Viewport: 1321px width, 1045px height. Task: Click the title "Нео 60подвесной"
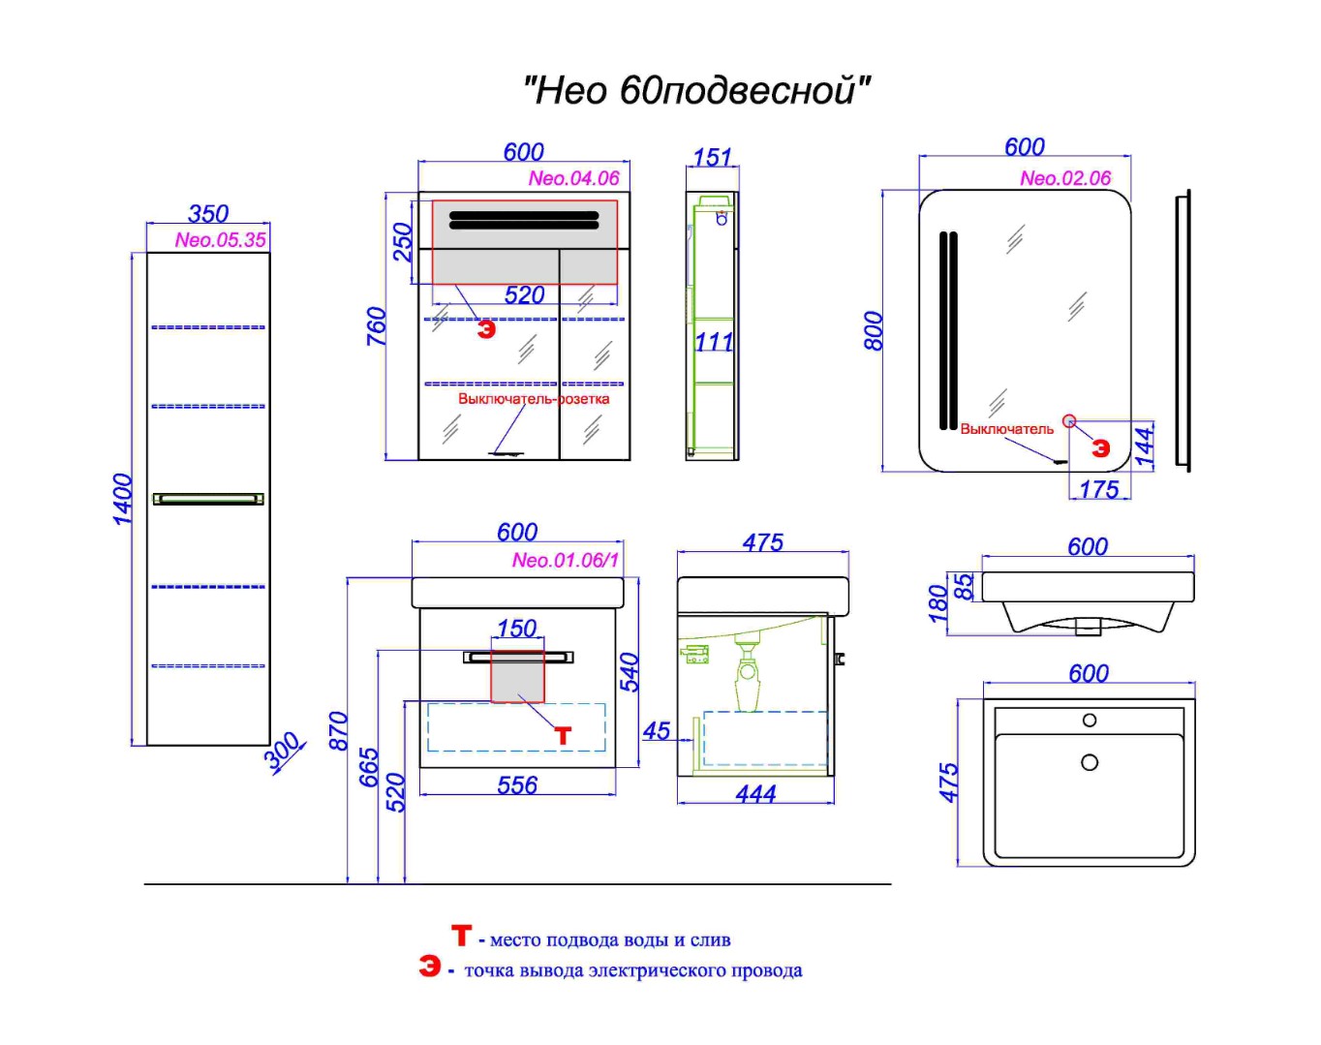click(696, 91)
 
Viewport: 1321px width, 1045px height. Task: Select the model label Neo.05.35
click(220, 240)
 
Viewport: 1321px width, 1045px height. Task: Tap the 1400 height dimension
click(123, 499)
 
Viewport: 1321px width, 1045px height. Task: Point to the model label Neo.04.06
click(573, 178)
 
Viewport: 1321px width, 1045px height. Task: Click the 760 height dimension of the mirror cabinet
click(376, 325)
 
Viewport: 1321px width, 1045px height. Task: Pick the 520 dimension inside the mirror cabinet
click(524, 295)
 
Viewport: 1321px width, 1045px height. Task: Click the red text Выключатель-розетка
click(534, 399)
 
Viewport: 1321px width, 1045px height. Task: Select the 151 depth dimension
click(712, 157)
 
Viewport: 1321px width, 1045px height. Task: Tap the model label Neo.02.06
click(1065, 178)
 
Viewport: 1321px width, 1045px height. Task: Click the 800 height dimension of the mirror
click(873, 330)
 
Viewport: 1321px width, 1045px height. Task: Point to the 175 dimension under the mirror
click(1099, 490)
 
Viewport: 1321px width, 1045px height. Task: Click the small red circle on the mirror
click(1069, 421)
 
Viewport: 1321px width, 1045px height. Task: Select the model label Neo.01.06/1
click(565, 561)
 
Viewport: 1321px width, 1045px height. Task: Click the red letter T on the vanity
click(563, 735)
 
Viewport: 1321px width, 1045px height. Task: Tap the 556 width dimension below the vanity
click(517, 785)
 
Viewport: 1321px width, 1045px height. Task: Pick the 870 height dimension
click(338, 730)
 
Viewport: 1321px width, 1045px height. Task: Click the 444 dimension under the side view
click(755, 794)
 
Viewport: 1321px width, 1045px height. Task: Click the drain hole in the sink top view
click(1090, 763)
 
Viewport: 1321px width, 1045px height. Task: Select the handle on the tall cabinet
click(208, 499)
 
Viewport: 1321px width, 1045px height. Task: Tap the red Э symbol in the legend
click(430, 967)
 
